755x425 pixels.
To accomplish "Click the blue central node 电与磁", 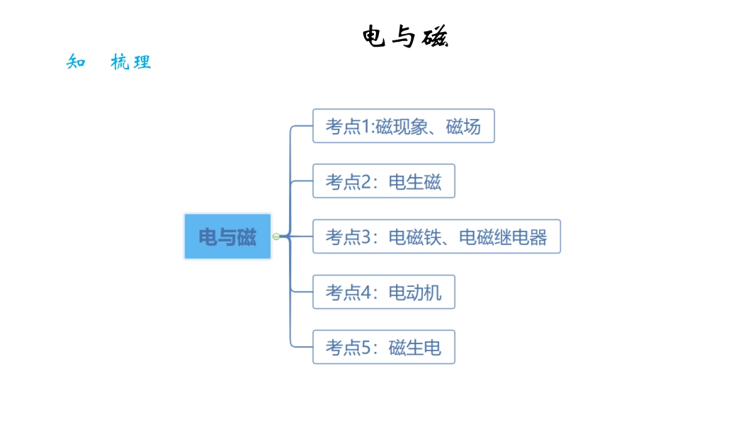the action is (x=228, y=237).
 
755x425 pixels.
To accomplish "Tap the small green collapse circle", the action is (x=276, y=237).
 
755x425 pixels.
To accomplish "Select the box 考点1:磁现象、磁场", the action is (x=404, y=125).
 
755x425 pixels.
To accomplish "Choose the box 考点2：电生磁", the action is (x=384, y=181).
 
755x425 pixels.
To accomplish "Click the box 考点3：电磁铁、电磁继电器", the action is (x=437, y=237).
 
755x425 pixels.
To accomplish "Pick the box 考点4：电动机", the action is (x=384, y=292).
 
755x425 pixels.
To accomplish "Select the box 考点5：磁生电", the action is (x=384, y=347).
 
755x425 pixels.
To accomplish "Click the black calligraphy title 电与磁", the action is (x=405, y=37).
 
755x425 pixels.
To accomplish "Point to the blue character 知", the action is (x=76, y=62).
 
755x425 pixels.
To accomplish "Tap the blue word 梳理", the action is (x=131, y=62).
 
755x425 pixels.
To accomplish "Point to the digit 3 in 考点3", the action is (x=366, y=237).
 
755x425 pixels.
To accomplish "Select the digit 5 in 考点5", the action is (x=366, y=348).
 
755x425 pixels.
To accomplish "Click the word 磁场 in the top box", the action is (x=463, y=127).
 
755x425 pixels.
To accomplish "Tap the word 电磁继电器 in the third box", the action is (x=503, y=237).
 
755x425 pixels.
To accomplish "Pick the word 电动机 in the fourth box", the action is (x=415, y=292).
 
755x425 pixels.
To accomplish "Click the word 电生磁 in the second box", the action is (x=415, y=182).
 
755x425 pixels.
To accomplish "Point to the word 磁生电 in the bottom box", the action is (x=415, y=348).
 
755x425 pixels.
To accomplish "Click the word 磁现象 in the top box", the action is (x=402, y=127).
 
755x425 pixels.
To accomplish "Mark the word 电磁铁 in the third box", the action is (x=415, y=237).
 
